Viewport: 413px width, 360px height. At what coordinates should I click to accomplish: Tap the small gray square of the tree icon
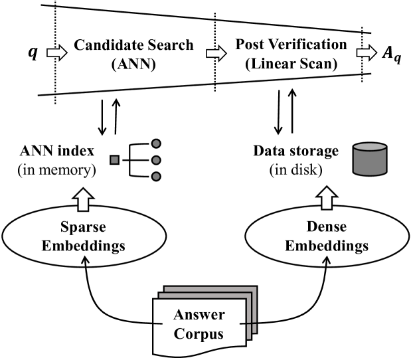coord(114,159)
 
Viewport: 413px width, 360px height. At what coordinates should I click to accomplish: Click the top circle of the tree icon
coord(156,143)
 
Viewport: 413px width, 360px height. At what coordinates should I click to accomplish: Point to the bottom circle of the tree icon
coord(156,176)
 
